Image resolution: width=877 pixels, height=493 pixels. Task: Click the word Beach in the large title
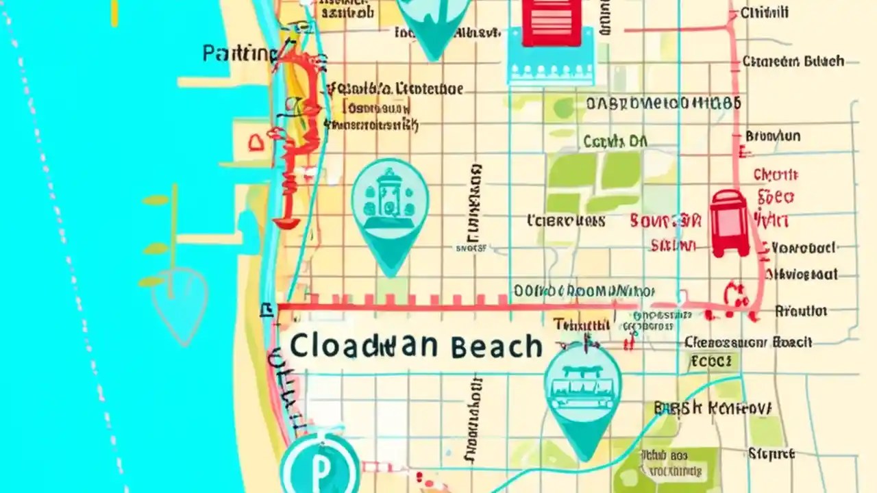click(497, 346)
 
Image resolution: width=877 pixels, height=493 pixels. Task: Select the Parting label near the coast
click(237, 53)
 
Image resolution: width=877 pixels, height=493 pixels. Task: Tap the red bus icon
click(730, 223)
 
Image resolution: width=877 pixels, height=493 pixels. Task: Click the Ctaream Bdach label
click(793, 62)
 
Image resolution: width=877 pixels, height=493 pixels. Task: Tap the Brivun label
click(772, 136)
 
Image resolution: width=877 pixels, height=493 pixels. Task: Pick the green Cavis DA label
click(615, 142)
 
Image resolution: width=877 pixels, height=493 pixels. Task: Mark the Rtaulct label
click(800, 311)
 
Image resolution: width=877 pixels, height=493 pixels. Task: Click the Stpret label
click(771, 453)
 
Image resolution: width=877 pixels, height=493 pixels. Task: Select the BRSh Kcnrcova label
click(713, 408)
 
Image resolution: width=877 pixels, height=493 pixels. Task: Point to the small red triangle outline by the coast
click(256, 142)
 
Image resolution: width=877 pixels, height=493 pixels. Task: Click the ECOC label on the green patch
click(712, 360)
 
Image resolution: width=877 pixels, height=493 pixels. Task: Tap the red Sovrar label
click(665, 221)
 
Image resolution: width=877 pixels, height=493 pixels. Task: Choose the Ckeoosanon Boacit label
click(748, 342)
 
